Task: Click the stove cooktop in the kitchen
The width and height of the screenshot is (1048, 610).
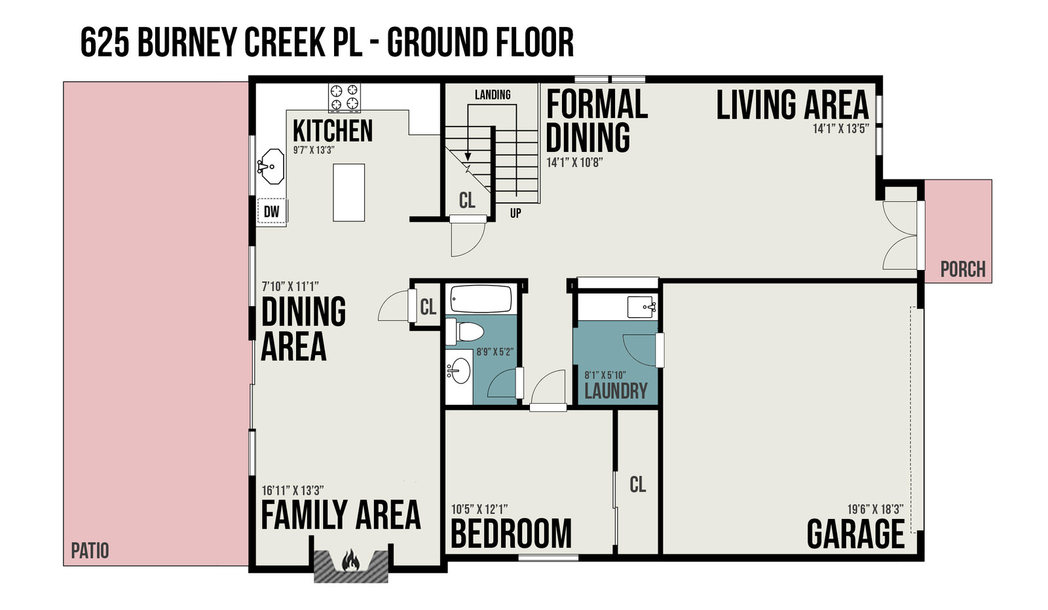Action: (x=345, y=98)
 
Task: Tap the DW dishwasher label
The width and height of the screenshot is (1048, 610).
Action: (x=271, y=212)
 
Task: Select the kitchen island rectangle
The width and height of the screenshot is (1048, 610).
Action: (x=348, y=193)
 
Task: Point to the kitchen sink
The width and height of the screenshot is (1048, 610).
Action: (x=271, y=166)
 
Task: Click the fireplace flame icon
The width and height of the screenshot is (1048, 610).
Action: (x=351, y=560)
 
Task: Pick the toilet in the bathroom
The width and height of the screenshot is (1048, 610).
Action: (x=464, y=332)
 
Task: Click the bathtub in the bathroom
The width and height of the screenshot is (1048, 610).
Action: (x=481, y=299)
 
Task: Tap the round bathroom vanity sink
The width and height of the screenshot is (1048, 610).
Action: (x=459, y=372)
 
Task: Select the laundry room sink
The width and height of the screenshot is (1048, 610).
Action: (x=641, y=307)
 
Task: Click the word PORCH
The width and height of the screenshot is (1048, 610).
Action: (x=963, y=269)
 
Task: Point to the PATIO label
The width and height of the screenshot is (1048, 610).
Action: (x=90, y=550)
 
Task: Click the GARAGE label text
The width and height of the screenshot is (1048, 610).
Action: (x=855, y=534)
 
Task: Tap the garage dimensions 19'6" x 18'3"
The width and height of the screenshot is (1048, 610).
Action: (x=875, y=509)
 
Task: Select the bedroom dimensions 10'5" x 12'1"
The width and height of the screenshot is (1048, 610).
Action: (x=479, y=509)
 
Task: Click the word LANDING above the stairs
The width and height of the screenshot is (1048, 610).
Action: (x=493, y=94)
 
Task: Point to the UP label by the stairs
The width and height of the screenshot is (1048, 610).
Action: (x=515, y=214)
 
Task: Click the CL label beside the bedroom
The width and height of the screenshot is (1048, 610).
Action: (x=638, y=485)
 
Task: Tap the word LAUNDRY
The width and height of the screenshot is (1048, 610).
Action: (x=616, y=391)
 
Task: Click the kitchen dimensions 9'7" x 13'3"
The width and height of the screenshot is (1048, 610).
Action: (x=314, y=150)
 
